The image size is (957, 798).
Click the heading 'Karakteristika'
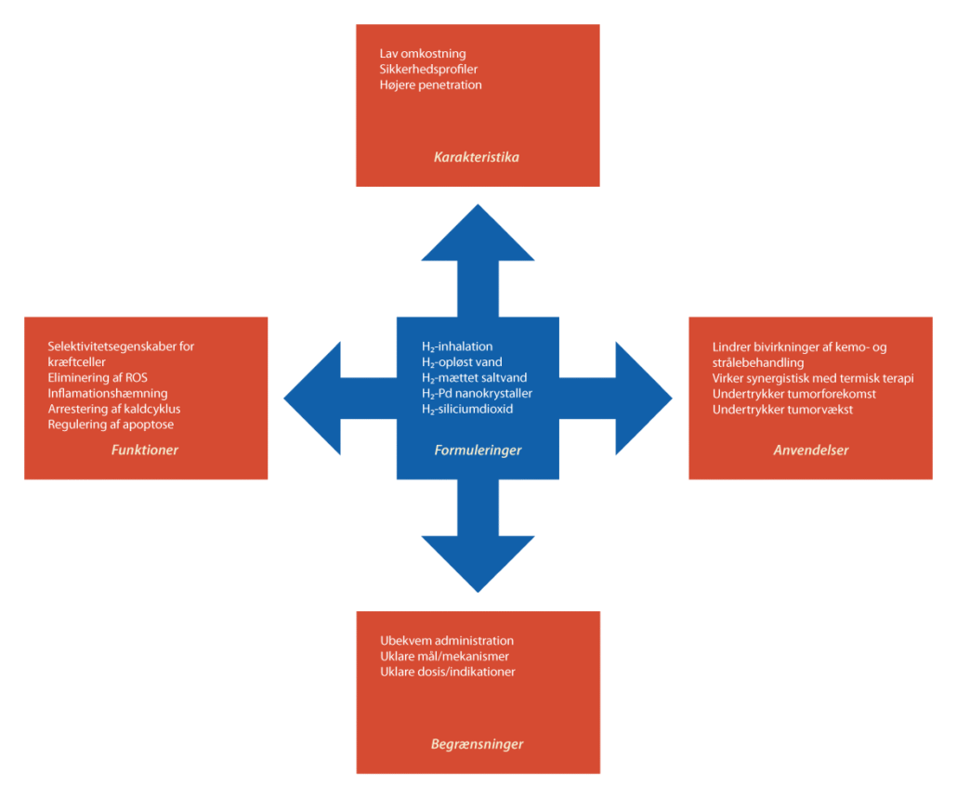coord(477,157)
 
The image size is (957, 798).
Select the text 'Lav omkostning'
coord(423,54)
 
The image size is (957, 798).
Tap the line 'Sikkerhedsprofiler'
coord(429,70)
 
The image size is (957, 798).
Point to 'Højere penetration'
coord(431,85)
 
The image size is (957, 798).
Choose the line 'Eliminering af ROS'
coord(98,377)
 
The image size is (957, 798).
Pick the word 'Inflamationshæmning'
coord(108,393)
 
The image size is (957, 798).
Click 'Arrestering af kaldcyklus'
coord(114,409)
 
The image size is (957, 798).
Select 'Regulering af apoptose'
coord(111,425)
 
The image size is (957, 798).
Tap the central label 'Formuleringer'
coord(478,451)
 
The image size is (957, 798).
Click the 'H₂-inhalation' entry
coord(457,347)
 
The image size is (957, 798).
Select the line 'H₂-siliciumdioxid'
coord(467,409)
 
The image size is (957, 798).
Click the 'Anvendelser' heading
coord(811,451)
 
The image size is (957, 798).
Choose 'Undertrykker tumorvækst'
coord(782,410)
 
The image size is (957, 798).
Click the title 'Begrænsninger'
coord(477,744)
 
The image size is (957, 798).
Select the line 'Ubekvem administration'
coord(447,641)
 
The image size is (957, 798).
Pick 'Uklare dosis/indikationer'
coord(448,672)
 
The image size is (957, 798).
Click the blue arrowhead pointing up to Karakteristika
coord(478,232)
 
